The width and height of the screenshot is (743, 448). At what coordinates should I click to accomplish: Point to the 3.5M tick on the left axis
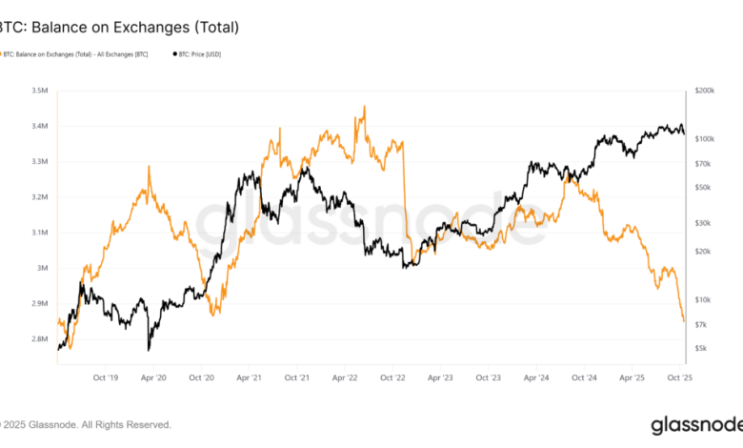40,92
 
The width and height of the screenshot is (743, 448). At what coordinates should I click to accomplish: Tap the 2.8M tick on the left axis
40,338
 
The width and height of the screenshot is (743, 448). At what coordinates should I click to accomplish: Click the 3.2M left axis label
40,197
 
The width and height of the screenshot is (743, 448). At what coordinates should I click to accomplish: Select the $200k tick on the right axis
706,92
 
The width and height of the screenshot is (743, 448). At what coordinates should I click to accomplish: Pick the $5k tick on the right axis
702,349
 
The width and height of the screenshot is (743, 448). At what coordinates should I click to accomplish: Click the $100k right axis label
706,139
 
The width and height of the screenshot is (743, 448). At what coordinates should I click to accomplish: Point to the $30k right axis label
704,223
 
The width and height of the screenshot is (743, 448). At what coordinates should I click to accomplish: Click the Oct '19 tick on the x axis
105,377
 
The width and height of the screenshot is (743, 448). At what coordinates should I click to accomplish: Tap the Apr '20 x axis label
153,377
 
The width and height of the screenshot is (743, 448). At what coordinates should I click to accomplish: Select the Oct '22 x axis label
392,377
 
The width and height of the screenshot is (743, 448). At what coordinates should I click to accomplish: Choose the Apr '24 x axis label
536,377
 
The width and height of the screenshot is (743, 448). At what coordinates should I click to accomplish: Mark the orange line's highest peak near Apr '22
364,107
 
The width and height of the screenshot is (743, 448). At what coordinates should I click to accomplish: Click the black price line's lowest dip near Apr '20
149,349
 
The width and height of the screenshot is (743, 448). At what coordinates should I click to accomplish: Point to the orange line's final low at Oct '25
684,321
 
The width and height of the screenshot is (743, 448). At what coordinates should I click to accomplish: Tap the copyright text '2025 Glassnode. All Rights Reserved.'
90,424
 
